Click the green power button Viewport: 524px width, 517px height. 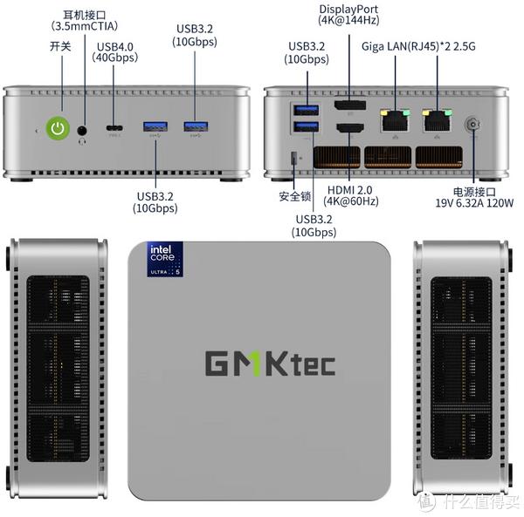(58, 128)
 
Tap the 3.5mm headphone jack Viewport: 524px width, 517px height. (82, 130)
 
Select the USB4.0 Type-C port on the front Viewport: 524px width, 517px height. (114, 128)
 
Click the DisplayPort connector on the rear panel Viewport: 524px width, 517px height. (350, 105)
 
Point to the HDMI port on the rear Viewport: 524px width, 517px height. (350, 128)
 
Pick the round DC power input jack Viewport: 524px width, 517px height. (472, 125)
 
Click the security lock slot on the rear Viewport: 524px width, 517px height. (293, 158)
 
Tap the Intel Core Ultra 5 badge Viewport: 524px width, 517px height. (165, 259)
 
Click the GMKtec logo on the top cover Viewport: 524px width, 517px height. (270, 364)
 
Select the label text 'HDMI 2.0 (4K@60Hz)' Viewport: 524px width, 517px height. (350, 195)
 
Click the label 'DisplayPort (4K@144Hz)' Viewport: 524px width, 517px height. (348, 15)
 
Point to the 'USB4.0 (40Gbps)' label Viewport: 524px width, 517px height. (115, 52)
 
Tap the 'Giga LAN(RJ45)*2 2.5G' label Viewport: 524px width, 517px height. (418, 46)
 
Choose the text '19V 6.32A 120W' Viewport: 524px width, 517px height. (474, 203)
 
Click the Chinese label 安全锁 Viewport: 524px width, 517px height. (295, 196)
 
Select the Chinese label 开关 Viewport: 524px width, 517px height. (60, 46)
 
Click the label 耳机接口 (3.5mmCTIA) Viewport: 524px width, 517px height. (85, 21)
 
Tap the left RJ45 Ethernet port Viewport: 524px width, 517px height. (396, 120)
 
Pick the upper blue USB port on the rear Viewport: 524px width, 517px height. (306, 110)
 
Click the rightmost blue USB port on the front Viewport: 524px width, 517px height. (196, 126)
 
